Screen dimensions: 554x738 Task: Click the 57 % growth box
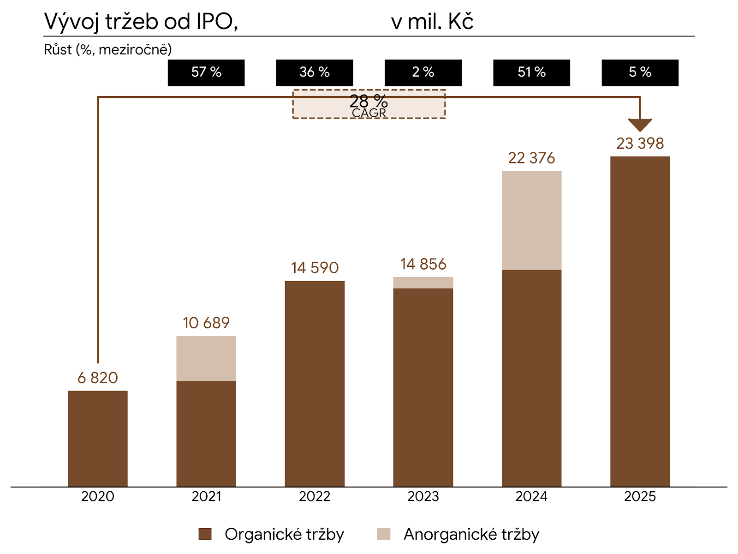206,72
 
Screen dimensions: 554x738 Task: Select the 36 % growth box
315,72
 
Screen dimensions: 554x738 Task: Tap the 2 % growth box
423,72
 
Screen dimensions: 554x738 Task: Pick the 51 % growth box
531,72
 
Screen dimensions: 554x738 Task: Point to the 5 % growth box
640,72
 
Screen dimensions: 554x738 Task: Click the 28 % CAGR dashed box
369,104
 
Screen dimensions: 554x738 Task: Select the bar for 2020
98,439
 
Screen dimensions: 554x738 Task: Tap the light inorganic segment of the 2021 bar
206,358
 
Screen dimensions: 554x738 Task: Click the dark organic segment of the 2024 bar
531,378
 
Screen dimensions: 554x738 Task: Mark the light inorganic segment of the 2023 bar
423,283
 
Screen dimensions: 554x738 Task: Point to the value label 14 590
315,268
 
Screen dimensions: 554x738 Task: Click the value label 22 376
531,158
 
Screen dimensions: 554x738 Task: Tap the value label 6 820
98,378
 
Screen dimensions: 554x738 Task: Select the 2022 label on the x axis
315,496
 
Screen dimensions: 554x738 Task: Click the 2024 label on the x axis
531,496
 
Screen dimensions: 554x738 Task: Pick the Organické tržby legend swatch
205,534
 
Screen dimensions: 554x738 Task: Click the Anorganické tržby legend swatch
383,534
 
